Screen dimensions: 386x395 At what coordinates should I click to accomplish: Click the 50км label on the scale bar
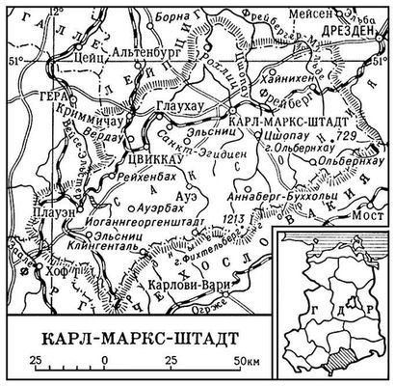245,361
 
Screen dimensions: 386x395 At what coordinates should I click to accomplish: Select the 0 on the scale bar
103,361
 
